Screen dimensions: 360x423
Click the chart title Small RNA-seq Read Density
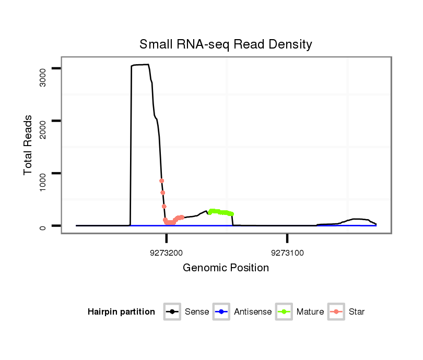226,44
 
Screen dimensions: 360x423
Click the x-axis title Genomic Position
226,268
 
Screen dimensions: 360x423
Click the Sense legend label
196,312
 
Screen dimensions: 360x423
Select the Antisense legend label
253,312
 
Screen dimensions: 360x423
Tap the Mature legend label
310,312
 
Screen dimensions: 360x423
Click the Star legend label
356,312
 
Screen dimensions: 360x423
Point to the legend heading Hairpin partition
121,312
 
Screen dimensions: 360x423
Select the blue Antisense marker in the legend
221,312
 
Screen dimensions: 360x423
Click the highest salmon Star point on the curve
161,181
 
